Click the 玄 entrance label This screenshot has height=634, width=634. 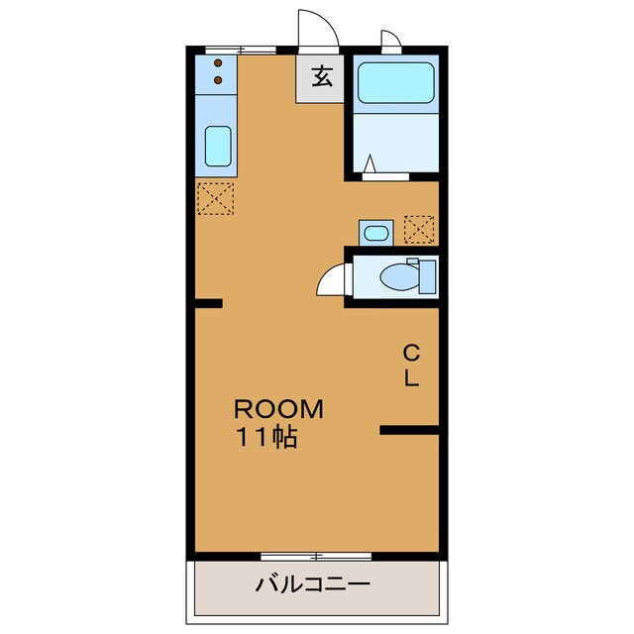[x=321, y=76]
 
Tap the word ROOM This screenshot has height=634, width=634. [x=277, y=409]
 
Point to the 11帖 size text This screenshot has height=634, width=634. [x=265, y=437]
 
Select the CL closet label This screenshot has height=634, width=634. [x=410, y=364]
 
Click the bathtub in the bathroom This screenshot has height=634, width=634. [x=394, y=83]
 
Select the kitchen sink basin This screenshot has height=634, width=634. [x=218, y=146]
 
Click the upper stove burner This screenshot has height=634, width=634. [x=218, y=64]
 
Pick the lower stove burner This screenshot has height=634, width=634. [x=218, y=79]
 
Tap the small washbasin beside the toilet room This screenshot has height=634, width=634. [x=375, y=233]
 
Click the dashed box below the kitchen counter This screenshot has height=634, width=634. [x=215, y=198]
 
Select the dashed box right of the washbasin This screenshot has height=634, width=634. [x=419, y=230]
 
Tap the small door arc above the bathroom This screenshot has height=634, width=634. [x=391, y=41]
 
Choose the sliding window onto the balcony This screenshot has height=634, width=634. [x=315, y=555]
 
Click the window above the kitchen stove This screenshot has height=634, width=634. [x=241, y=50]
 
